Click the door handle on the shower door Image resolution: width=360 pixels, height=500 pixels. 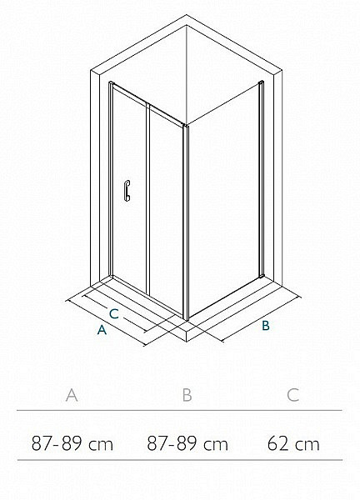(127, 191)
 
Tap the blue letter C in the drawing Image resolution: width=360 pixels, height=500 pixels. (114, 314)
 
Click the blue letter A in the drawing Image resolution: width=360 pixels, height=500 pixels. (102, 329)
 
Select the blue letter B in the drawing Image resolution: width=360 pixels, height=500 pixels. (266, 326)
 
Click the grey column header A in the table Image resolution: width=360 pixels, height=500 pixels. (72, 395)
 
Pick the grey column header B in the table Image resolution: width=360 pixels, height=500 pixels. (187, 395)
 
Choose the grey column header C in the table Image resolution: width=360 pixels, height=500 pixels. (292, 395)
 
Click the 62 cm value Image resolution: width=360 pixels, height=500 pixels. (293, 443)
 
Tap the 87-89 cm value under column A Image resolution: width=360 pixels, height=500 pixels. (72, 443)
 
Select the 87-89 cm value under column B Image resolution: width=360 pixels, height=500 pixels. (187, 443)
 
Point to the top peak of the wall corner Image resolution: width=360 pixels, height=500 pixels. (187, 15)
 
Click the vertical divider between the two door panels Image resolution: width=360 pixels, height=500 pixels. (148, 198)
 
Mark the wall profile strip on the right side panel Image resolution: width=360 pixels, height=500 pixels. (262, 178)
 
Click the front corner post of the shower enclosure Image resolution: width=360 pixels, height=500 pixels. (186, 222)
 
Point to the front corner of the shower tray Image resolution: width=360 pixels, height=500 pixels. (187, 341)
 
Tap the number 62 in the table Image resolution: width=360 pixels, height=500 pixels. (277, 443)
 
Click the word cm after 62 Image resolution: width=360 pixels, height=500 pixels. (307, 445)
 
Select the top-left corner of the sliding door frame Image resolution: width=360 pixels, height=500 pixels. (109, 82)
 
